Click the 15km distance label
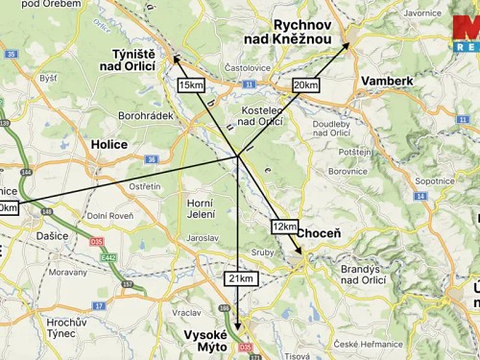pos(191,85)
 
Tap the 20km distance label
pos(305,85)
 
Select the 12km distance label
pos(284,227)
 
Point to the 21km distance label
pos(241,277)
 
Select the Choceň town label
pos(317,233)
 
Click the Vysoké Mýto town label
pos(203,341)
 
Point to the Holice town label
pos(108,144)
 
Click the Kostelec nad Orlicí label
pos(259,115)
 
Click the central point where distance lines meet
pos(237,156)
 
